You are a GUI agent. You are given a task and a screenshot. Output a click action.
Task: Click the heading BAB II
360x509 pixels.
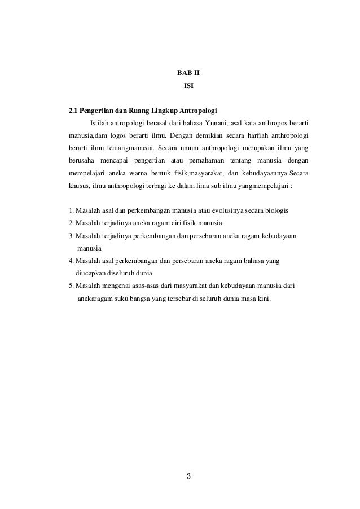[188, 74]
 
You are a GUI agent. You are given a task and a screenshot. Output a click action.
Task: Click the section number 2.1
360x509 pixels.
[73, 110]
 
